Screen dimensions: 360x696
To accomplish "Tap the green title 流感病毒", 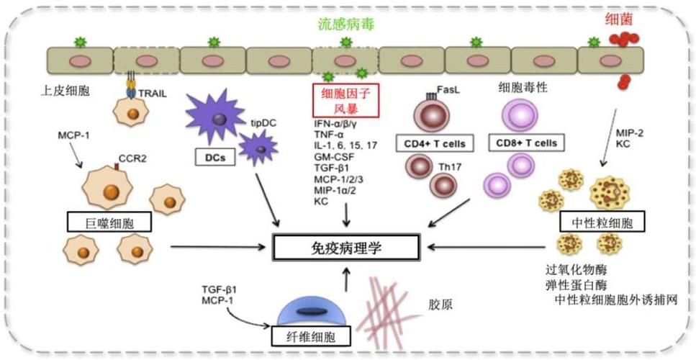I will [346, 24].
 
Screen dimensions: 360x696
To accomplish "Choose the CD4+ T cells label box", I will [430, 143].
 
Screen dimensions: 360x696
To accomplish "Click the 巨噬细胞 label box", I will [109, 222].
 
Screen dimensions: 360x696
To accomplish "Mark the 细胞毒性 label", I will [523, 87].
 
